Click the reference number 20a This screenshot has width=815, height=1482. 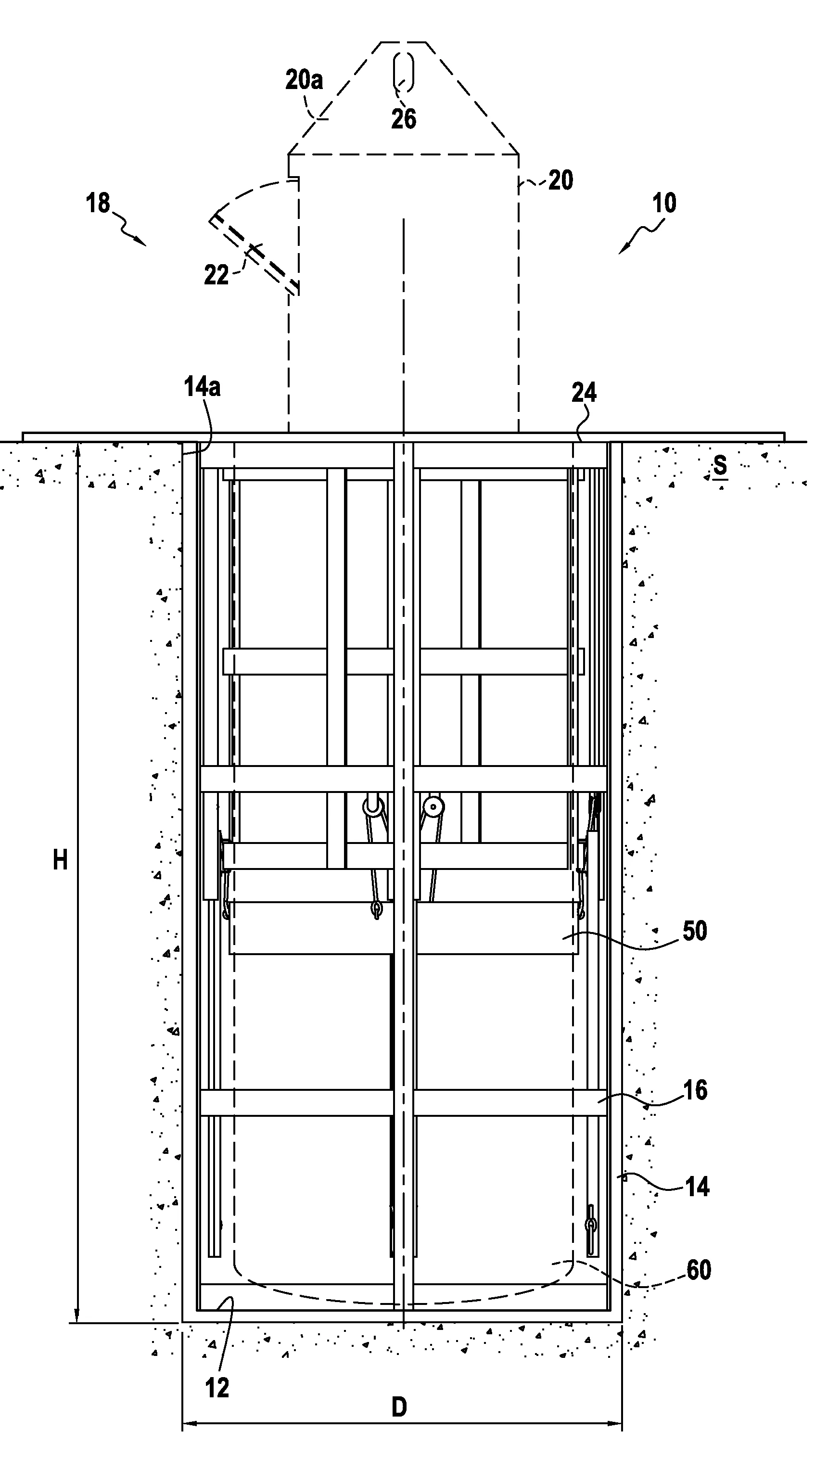304,79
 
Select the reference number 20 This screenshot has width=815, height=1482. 561,180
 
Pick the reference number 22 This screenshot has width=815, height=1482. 216,275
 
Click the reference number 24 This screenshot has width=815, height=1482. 585,393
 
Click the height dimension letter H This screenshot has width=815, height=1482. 61,861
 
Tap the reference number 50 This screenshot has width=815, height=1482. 695,931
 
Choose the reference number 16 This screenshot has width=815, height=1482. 695,1090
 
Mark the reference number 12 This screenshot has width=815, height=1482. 217,1388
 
